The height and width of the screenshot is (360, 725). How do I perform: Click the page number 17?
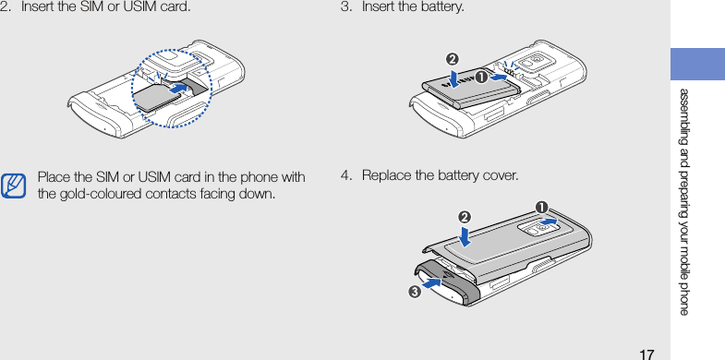pyautogui.click(x=646, y=354)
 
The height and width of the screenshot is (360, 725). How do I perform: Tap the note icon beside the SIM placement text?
pyautogui.click(x=13, y=186)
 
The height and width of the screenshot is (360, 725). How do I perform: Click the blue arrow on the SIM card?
pyautogui.click(x=177, y=89)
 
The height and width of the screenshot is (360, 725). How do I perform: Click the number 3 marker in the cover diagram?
pyautogui.click(x=414, y=292)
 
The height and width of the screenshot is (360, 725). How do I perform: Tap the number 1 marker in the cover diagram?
pyautogui.click(x=541, y=207)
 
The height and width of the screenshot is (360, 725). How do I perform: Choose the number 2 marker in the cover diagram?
pyautogui.click(x=465, y=217)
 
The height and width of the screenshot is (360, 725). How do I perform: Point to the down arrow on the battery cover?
pyautogui.click(x=465, y=235)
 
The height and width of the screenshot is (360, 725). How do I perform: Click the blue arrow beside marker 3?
pyautogui.click(x=431, y=282)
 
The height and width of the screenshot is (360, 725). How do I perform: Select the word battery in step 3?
pyautogui.click(x=445, y=7)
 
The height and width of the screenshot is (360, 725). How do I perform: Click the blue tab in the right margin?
pyautogui.click(x=697, y=64)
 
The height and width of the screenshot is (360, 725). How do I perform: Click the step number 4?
pyautogui.click(x=344, y=175)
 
